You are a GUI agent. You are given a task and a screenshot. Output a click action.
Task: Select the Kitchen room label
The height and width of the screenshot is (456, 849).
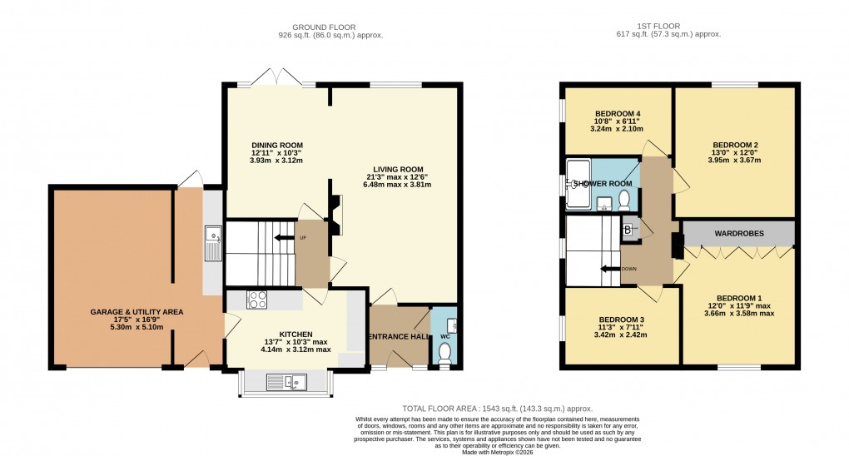tap(295, 334)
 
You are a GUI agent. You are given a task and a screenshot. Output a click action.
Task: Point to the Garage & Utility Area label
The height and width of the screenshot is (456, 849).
tap(137, 312)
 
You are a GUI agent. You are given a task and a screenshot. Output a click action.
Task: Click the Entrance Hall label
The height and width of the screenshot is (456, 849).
tap(398, 336)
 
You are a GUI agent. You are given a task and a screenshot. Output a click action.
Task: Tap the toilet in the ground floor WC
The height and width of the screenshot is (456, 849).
tap(444, 354)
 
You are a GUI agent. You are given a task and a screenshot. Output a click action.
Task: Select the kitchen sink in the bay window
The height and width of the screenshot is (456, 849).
tap(286, 382)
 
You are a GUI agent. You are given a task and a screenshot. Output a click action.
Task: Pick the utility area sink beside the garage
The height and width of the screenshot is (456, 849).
tap(212, 243)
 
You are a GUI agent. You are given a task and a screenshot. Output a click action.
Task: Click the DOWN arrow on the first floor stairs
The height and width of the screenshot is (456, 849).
tap(615, 269)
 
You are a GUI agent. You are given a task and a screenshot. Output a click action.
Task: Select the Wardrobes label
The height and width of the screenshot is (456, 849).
tap(738, 234)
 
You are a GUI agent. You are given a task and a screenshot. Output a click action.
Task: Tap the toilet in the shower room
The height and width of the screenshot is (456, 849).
tap(624, 200)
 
